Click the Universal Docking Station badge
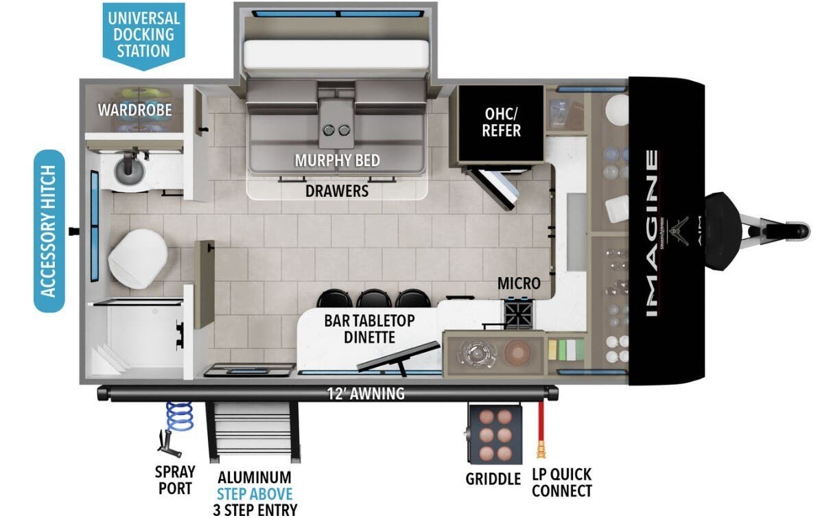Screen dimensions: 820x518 pos(143,36)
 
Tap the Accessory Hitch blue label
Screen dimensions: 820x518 pos(49,231)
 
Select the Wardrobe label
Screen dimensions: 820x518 pos(135,110)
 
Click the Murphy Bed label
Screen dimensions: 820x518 pos(338,161)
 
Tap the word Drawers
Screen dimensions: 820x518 pos(337,191)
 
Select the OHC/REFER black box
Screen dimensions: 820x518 pos(500,123)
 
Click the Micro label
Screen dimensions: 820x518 pos(519,283)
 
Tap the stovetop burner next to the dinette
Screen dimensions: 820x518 pos(519,314)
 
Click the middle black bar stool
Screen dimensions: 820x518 pos(373,298)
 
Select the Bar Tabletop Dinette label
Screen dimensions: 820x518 pos(369,329)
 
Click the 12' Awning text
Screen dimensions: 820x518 pos(366,393)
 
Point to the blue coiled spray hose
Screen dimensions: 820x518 pos(179,416)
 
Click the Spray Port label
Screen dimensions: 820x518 pos(175,480)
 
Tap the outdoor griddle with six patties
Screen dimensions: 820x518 pos(495,434)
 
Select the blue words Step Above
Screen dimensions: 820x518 pos(255,494)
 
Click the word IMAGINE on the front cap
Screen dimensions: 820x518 pos(652,233)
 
